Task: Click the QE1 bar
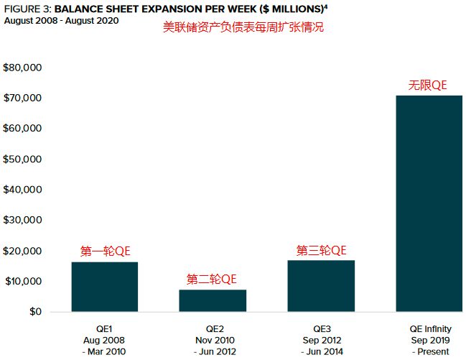[104, 287]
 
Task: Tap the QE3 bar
[320, 286]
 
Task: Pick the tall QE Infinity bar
[429, 203]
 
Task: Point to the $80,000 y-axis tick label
[23, 68]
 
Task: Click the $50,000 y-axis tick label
[23, 159]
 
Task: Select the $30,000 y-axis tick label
[23, 220]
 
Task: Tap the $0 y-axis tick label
[34, 312]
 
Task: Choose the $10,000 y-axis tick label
[23, 281]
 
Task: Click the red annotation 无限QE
[428, 85]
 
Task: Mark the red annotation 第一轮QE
[105, 251]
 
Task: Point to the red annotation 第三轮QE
[321, 250]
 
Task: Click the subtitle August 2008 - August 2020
[62, 20]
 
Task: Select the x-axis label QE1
[105, 328]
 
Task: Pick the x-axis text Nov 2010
[214, 340]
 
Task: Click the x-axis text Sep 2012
[322, 340]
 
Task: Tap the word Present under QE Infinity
[433, 351]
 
